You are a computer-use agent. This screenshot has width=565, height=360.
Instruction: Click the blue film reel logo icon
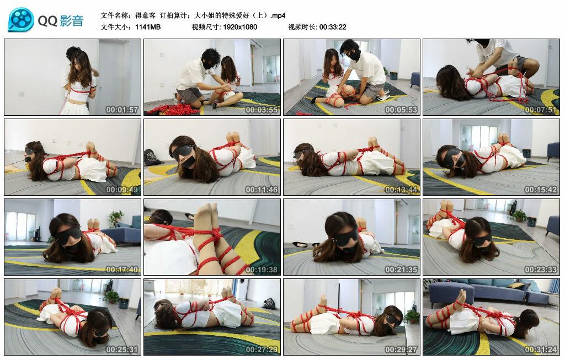21,19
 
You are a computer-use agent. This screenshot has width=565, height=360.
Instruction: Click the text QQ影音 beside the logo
61,21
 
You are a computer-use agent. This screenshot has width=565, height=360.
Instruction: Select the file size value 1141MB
148,27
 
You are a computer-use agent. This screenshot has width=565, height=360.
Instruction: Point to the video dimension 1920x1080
240,27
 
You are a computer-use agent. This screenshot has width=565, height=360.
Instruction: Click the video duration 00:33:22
333,27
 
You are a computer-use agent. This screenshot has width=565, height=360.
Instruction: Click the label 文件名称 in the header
115,15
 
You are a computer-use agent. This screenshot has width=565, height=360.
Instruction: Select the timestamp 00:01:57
122,110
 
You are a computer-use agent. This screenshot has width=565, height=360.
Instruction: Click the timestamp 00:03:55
262,110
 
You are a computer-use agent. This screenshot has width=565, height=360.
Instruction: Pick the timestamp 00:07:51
541,110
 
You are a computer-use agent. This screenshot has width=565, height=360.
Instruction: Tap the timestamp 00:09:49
122,189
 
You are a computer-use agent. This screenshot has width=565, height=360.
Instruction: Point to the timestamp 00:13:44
401,189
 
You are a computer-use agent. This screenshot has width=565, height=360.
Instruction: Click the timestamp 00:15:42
541,189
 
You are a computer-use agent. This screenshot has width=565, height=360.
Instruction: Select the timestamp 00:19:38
262,269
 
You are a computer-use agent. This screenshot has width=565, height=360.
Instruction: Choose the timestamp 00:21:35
401,269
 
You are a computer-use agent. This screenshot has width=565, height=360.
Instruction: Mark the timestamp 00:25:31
122,349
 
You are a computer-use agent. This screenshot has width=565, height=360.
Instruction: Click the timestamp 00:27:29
262,349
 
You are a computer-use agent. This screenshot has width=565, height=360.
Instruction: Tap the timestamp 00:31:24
541,349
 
